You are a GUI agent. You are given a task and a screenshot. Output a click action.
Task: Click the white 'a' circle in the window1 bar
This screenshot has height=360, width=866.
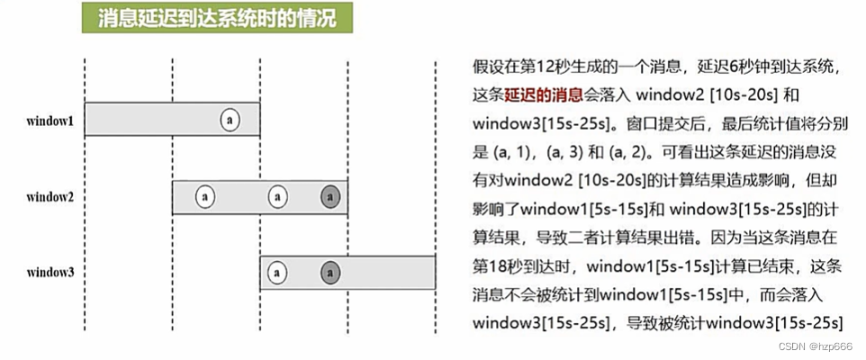[230, 120]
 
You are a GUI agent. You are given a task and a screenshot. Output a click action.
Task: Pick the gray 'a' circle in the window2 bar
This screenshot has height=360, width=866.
[330, 195]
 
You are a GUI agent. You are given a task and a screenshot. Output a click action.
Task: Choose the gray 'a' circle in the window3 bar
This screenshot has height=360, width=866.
[330, 271]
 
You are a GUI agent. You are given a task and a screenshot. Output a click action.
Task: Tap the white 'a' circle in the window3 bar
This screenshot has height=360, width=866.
[279, 271]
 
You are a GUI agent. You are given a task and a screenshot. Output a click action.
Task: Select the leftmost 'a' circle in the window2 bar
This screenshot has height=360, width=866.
[205, 195]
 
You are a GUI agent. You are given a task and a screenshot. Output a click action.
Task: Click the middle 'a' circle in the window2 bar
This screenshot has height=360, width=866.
[279, 195]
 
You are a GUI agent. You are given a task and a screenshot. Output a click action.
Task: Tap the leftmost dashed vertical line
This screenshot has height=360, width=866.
[85, 180]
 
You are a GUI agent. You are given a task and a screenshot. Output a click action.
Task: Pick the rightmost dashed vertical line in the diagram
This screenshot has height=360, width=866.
[436, 180]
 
